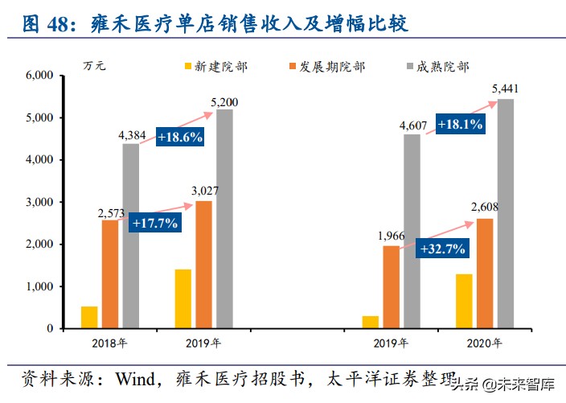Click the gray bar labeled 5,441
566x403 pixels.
point(505,214)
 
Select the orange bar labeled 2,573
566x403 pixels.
point(110,274)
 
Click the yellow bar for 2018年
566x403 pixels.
point(89,317)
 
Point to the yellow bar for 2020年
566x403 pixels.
point(463,301)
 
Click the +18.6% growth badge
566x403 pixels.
point(179,137)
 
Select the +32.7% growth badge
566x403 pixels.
point(442,249)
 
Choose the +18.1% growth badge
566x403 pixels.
point(460,125)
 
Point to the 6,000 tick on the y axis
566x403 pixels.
point(39,76)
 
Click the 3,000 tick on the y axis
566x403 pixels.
point(39,202)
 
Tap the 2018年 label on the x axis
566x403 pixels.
point(109,343)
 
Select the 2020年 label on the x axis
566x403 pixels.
point(484,343)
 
